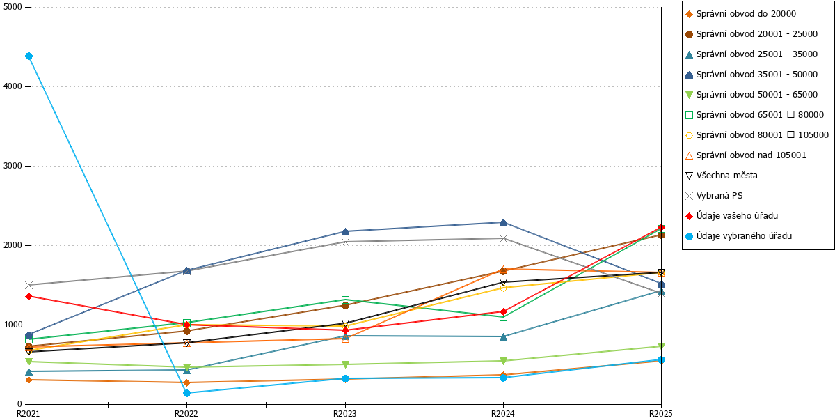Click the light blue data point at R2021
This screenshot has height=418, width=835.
[x=29, y=56]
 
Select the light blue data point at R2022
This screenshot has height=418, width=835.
[x=186, y=393]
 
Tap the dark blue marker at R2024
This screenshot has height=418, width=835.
[x=503, y=223]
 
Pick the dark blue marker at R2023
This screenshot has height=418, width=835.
[x=345, y=232]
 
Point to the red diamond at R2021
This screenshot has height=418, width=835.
[x=29, y=296]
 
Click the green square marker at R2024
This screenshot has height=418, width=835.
[x=503, y=317]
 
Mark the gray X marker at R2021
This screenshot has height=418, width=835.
[x=29, y=285]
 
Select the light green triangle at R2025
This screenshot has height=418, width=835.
[x=661, y=346]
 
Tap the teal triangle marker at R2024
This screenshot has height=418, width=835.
[x=503, y=336]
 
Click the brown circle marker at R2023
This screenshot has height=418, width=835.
[x=345, y=305]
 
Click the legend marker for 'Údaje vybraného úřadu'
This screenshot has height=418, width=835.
[x=690, y=236]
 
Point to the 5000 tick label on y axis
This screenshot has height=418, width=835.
[x=13, y=7]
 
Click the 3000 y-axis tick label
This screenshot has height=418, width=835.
[x=13, y=166]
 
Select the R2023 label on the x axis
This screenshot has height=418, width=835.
[x=345, y=413]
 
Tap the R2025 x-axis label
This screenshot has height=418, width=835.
[x=661, y=413]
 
